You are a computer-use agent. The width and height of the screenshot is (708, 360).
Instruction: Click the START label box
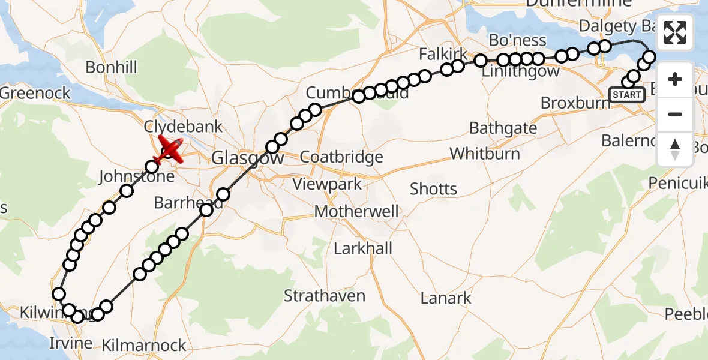tap(627, 95)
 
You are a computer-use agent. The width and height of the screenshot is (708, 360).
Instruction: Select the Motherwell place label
tap(356, 212)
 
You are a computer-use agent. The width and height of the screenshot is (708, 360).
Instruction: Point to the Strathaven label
tap(324, 296)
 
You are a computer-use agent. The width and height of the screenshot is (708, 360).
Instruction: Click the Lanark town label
tap(446, 298)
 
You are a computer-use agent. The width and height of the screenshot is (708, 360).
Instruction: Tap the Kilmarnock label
tap(144, 346)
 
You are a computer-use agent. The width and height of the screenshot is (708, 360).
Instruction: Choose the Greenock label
tap(36, 93)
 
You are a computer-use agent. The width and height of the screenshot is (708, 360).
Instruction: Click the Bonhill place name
tap(112, 67)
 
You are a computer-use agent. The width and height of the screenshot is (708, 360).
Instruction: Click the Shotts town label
tap(433, 189)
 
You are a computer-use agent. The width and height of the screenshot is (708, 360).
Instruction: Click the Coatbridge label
tap(341, 158)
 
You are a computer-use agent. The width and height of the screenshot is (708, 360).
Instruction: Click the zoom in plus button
tap(675, 79)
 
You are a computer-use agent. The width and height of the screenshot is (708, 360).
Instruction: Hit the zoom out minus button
tap(675, 114)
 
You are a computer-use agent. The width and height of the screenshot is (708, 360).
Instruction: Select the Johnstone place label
tap(136, 177)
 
